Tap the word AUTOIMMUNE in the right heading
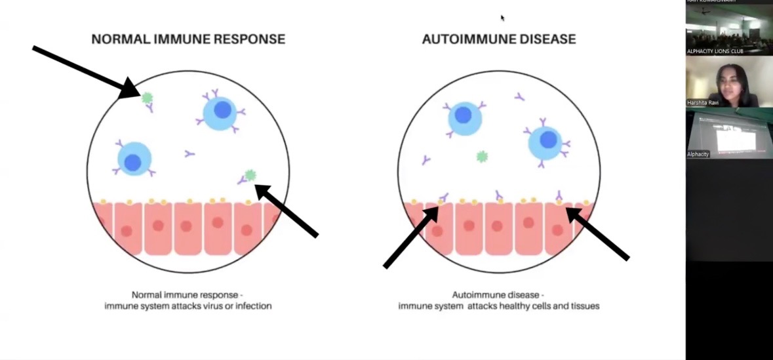[465, 39]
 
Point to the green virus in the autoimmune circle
[482, 156]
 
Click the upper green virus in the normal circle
[148, 98]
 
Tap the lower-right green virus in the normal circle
[250, 175]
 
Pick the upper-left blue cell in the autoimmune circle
[465, 117]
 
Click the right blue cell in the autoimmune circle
[546, 140]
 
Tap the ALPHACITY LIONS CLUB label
[715, 50]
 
